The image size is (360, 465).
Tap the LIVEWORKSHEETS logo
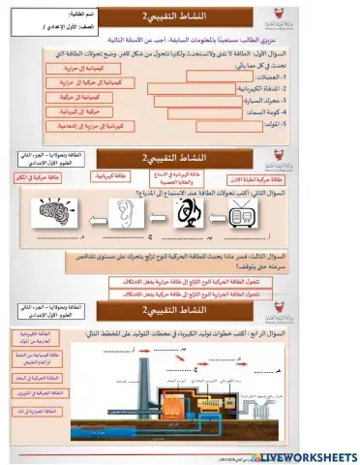[x=304, y=455]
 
